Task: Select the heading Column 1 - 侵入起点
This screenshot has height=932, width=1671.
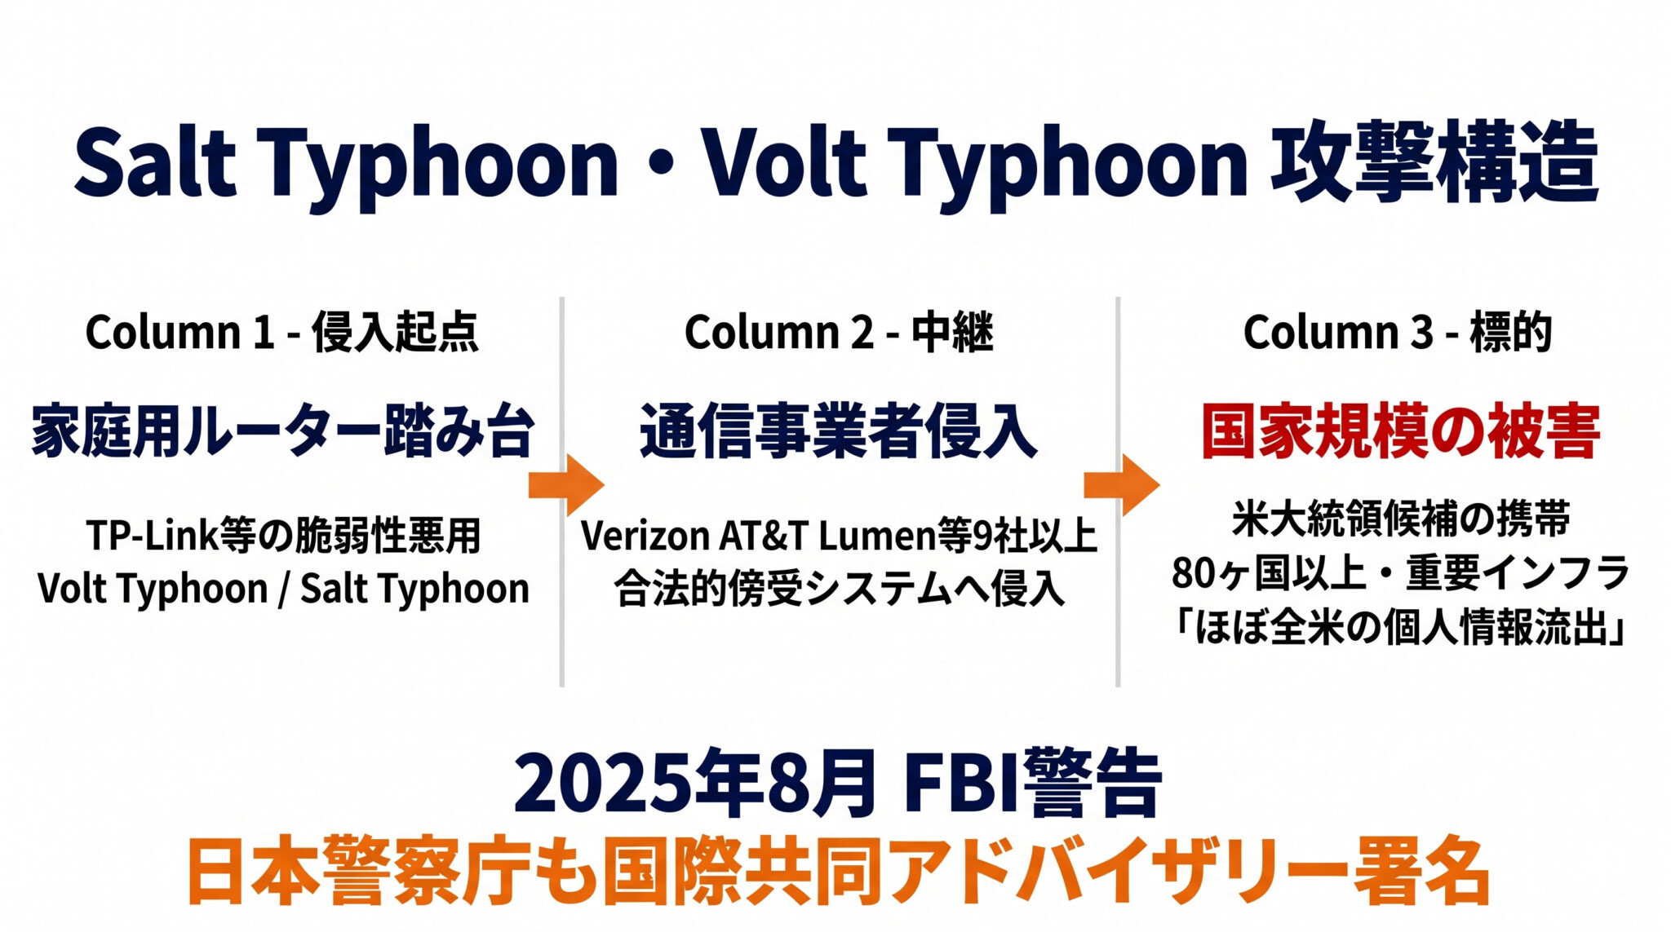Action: (x=281, y=333)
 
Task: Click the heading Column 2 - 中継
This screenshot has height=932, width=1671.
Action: (x=839, y=333)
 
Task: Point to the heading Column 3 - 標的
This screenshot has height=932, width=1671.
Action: (x=1397, y=333)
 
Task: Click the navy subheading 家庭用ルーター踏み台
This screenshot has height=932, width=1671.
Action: (x=283, y=431)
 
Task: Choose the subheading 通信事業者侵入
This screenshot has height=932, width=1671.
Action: (x=839, y=431)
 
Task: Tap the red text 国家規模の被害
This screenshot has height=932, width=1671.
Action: (x=1400, y=431)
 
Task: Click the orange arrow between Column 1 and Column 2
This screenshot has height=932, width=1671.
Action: (x=566, y=485)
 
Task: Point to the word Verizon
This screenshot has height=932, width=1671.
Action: (x=645, y=537)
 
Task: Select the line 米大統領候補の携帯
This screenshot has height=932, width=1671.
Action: (x=1400, y=519)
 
